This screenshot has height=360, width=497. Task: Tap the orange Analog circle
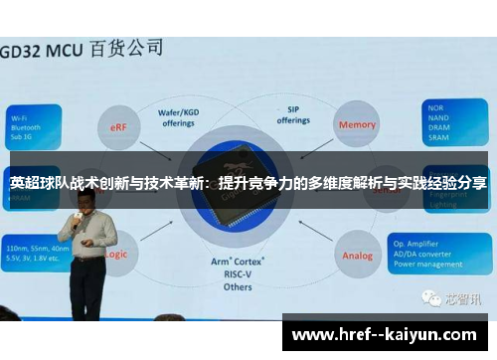click(x=357, y=256)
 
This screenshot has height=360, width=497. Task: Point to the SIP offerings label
click(x=293, y=115)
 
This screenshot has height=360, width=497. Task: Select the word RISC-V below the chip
click(x=240, y=274)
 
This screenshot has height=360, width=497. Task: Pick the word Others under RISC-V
click(x=239, y=287)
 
